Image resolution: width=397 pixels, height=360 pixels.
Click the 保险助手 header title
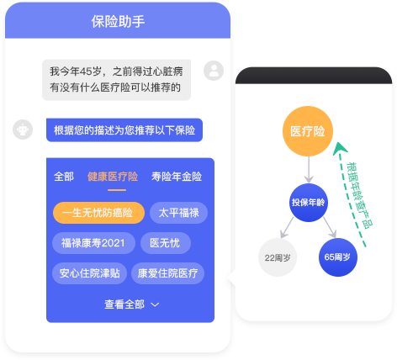[118, 22]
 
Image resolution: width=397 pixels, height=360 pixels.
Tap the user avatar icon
[214, 71]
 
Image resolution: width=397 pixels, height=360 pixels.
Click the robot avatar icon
[23, 130]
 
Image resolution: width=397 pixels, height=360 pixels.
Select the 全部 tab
[64, 177]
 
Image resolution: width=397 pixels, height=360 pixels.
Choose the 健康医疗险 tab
[113, 177]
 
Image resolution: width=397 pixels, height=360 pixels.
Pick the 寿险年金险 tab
[177, 177]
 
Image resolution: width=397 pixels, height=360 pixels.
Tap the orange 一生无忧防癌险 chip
[98, 213]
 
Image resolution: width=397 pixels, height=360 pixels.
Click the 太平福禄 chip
[178, 213]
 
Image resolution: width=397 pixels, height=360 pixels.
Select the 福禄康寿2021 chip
[93, 243]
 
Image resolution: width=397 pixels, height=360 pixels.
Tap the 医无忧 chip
[166, 243]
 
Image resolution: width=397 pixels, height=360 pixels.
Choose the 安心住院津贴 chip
[89, 273]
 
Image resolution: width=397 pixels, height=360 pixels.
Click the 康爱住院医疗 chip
[167, 273]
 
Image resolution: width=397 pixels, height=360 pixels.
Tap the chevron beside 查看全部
[155, 304]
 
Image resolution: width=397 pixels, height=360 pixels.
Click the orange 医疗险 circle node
[308, 131]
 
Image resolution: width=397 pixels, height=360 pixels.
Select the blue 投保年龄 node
[309, 203]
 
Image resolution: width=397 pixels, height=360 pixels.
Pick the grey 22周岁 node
[278, 257]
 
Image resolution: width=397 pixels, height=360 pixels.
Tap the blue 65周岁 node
[338, 257]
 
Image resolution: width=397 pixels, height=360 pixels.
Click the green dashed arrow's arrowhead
[340, 149]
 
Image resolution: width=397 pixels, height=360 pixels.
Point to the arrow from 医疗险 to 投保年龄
[309, 170]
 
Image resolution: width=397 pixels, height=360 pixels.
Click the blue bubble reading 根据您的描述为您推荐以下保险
[124, 130]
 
